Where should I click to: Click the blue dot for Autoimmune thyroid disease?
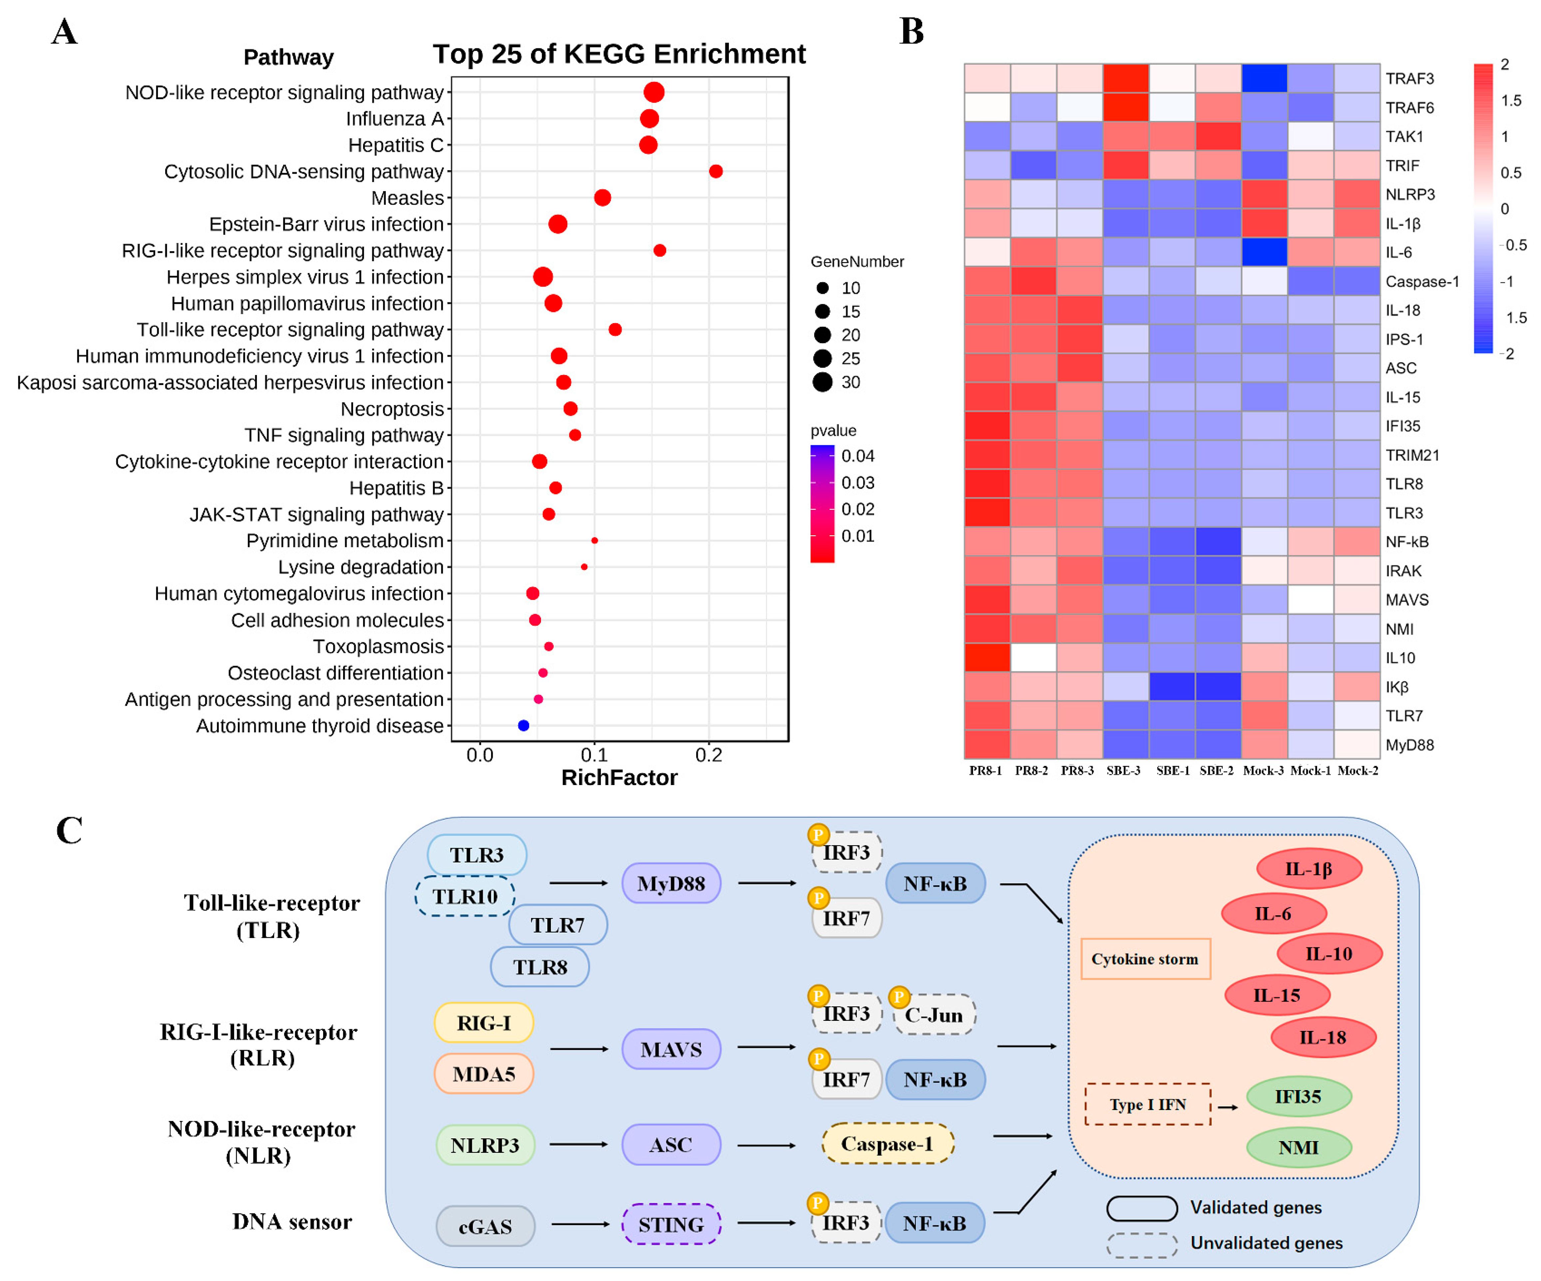(523, 726)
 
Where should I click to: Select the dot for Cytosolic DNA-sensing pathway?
(716, 171)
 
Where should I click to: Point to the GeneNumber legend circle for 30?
(822, 382)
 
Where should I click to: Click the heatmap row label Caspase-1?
(1421, 282)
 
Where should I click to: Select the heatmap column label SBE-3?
(1124, 770)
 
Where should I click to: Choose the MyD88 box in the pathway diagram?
(671, 883)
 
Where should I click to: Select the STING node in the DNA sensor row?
(671, 1224)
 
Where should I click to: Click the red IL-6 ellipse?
(1273, 913)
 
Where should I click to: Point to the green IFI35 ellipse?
(1298, 1097)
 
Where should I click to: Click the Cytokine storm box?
(1145, 959)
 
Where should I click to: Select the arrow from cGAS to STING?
(580, 1224)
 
